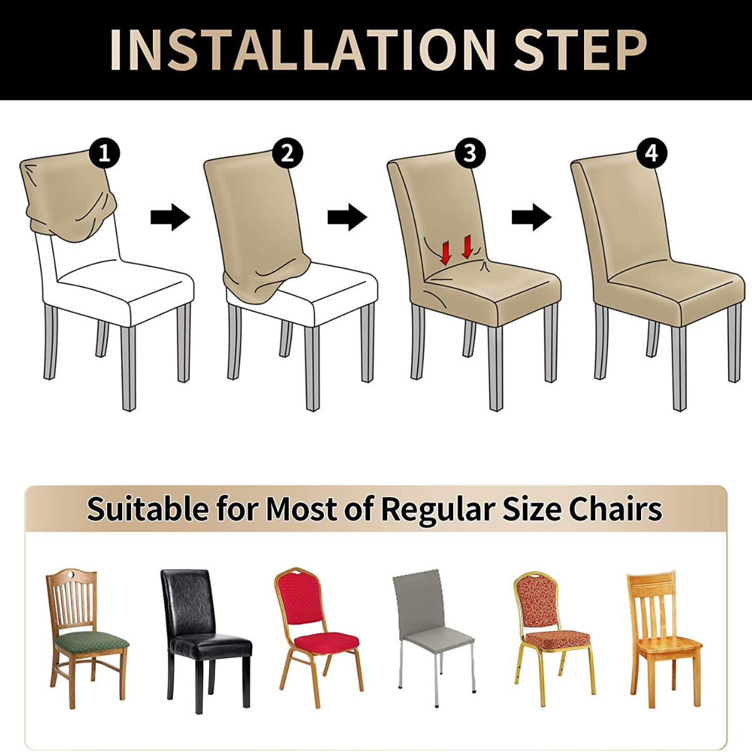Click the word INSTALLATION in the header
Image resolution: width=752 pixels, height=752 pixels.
point(303,50)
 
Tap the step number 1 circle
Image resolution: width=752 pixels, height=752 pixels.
point(104,154)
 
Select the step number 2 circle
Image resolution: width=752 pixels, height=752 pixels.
point(288,154)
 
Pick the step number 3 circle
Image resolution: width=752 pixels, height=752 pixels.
point(470,154)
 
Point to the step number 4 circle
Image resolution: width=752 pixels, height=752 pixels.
point(651,154)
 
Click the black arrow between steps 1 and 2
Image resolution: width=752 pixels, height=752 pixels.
point(170,217)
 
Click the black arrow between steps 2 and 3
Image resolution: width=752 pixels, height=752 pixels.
point(347,217)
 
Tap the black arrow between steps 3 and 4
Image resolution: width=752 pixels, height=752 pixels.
point(531,217)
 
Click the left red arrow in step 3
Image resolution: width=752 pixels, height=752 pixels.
point(446,252)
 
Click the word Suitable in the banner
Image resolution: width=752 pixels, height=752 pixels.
point(149,508)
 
